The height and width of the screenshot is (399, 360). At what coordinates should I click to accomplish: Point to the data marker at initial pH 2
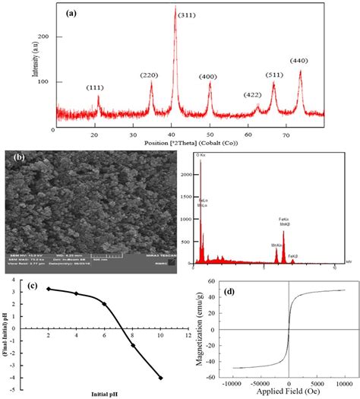tap(49, 289)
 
